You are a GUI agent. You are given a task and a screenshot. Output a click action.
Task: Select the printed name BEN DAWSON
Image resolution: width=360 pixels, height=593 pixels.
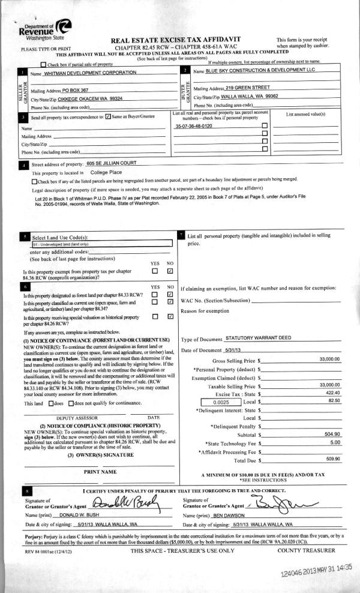click(229, 516)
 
